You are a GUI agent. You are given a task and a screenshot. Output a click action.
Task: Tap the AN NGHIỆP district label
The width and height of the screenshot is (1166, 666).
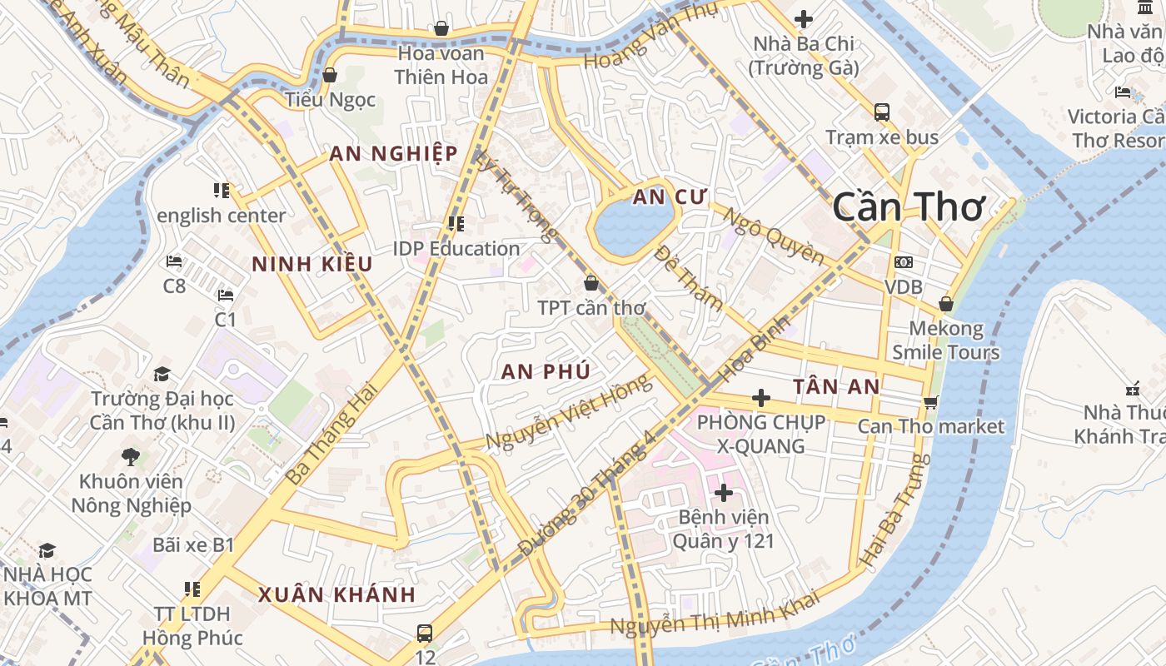click(x=393, y=154)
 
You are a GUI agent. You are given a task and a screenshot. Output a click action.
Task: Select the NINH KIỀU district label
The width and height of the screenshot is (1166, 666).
click(x=311, y=265)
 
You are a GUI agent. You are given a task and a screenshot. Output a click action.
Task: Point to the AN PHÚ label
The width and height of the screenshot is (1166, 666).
click(x=546, y=372)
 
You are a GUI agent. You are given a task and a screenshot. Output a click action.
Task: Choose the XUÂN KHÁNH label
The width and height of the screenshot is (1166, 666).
click(x=336, y=595)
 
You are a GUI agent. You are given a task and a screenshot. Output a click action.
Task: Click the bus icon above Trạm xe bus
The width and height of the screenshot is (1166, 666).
click(x=881, y=112)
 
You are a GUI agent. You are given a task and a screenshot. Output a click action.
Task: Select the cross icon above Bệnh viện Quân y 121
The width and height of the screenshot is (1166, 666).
click(x=723, y=493)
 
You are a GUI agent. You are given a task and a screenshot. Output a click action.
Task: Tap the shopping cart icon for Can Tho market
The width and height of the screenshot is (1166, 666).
click(x=930, y=402)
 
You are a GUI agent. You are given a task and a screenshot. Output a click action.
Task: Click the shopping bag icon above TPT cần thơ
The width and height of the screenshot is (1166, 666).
click(x=590, y=283)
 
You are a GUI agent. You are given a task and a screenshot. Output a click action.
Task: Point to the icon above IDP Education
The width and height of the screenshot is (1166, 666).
click(x=456, y=224)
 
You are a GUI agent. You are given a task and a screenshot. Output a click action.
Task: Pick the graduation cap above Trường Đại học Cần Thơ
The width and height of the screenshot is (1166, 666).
click(x=162, y=375)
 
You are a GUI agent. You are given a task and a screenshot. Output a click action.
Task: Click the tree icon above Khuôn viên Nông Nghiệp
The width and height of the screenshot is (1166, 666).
click(x=130, y=456)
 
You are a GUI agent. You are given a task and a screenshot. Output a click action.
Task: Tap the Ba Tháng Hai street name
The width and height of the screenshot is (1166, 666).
click(x=331, y=439)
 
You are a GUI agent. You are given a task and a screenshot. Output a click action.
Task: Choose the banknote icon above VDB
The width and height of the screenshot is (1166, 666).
click(x=903, y=262)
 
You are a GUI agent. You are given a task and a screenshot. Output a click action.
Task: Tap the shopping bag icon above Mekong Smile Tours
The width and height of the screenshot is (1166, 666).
click(x=945, y=304)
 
